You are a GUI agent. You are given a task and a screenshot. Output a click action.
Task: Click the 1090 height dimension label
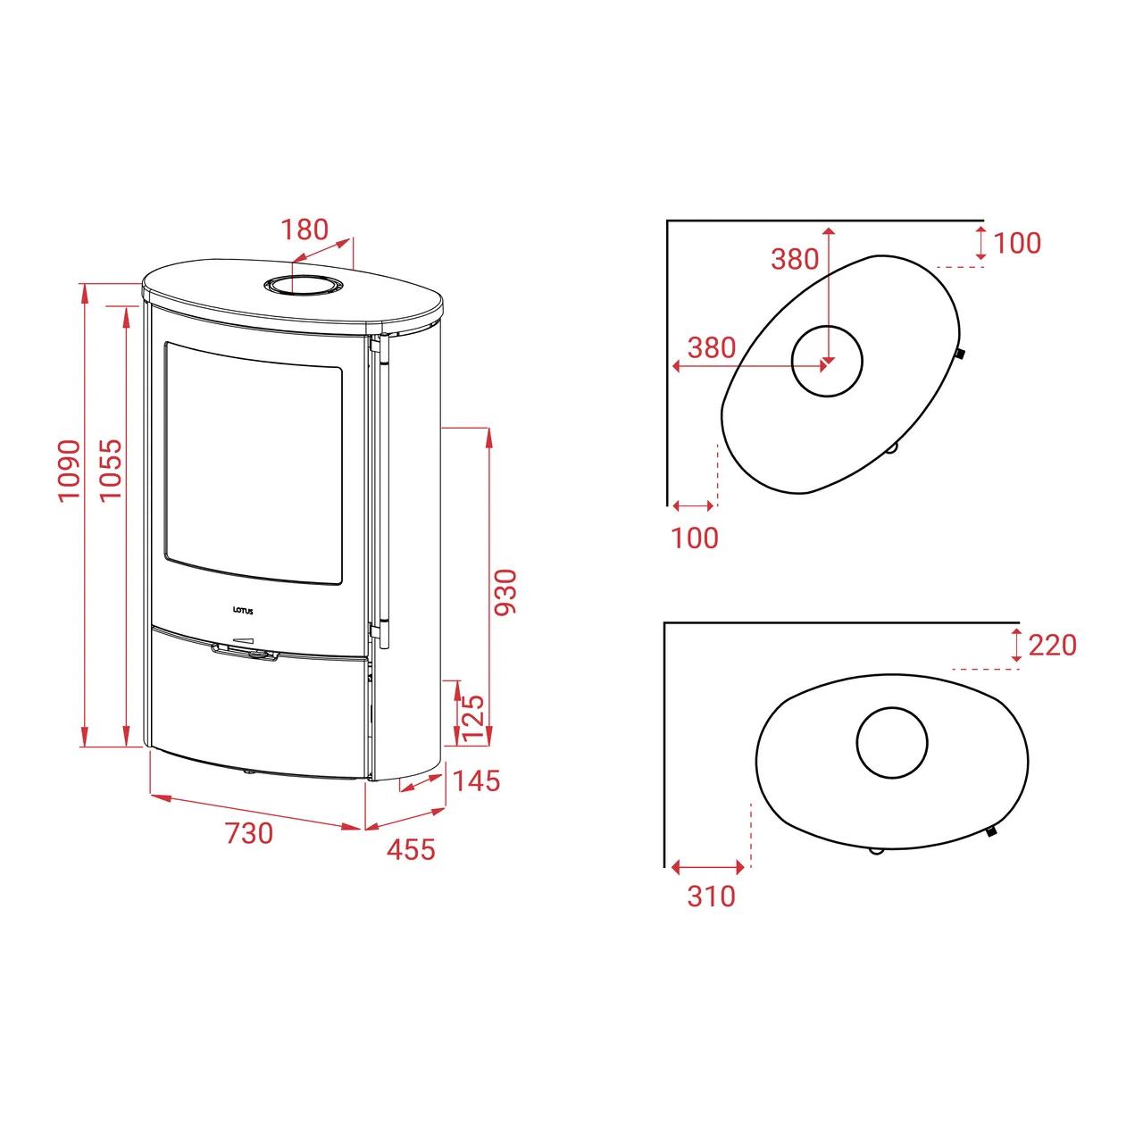click(x=69, y=471)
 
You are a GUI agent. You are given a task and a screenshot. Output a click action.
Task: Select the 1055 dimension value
click(x=111, y=471)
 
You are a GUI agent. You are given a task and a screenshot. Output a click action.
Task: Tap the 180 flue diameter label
click(x=305, y=229)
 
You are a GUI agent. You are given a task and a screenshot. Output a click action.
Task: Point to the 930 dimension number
click(x=506, y=593)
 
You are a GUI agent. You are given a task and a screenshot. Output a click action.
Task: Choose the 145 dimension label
click(x=476, y=781)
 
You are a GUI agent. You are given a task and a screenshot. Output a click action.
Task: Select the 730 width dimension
click(x=249, y=833)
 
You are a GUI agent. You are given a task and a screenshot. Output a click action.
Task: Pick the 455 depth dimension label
click(x=411, y=849)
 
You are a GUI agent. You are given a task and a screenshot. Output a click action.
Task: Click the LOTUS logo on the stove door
click(x=242, y=611)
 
